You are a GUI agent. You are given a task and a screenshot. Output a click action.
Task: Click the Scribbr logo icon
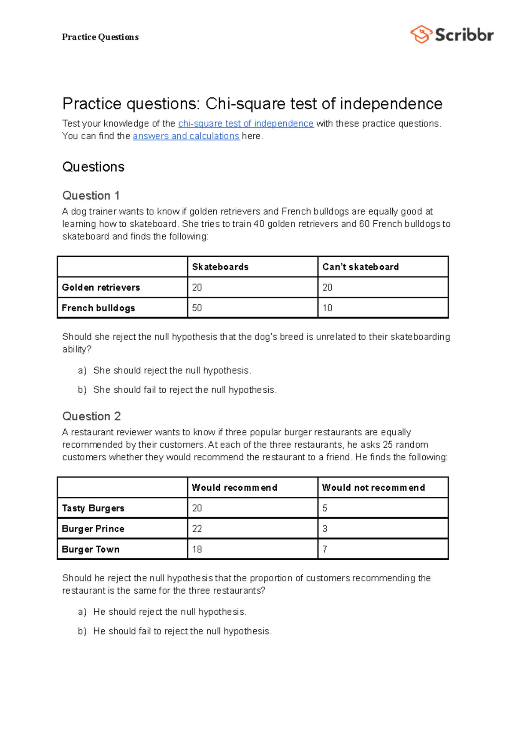421,34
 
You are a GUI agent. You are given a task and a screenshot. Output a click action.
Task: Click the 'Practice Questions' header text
100,37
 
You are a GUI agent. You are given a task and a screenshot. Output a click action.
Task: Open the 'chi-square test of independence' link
245,124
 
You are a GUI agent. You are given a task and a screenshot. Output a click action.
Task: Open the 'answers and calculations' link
186,136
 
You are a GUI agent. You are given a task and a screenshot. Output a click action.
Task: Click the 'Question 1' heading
91,196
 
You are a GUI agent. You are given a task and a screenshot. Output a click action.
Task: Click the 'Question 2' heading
91,416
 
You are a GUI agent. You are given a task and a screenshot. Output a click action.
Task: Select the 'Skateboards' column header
220,267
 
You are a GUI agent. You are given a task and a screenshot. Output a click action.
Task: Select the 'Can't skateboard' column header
360,267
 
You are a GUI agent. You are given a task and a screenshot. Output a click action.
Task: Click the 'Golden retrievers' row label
101,288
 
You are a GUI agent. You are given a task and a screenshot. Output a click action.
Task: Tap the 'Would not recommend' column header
373,488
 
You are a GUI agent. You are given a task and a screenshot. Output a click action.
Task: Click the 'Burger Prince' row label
93,529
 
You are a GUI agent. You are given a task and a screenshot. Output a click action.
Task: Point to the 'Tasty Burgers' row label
93,508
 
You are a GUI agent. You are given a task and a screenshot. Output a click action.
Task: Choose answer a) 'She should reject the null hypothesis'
172,371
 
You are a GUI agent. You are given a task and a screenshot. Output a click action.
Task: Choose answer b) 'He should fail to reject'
182,631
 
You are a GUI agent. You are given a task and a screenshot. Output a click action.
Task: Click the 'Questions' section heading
93,167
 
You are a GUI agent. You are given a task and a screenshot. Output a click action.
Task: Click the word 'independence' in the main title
391,104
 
